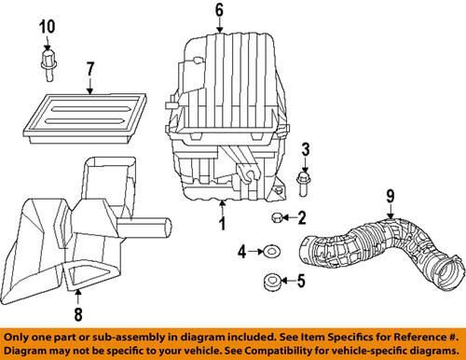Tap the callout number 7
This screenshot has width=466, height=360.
(x=90, y=68)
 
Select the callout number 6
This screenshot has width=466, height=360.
(x=220, y=10)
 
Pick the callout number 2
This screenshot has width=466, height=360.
(x=301, y=218)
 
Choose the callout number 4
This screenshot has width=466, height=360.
(x=241, y=251)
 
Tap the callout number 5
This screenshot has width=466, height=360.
(x=301, y=279)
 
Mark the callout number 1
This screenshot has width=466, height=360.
(x=222, y=225)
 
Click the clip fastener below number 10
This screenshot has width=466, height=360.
(x=47, y=63)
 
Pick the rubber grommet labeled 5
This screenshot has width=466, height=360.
(x=269, y=279)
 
